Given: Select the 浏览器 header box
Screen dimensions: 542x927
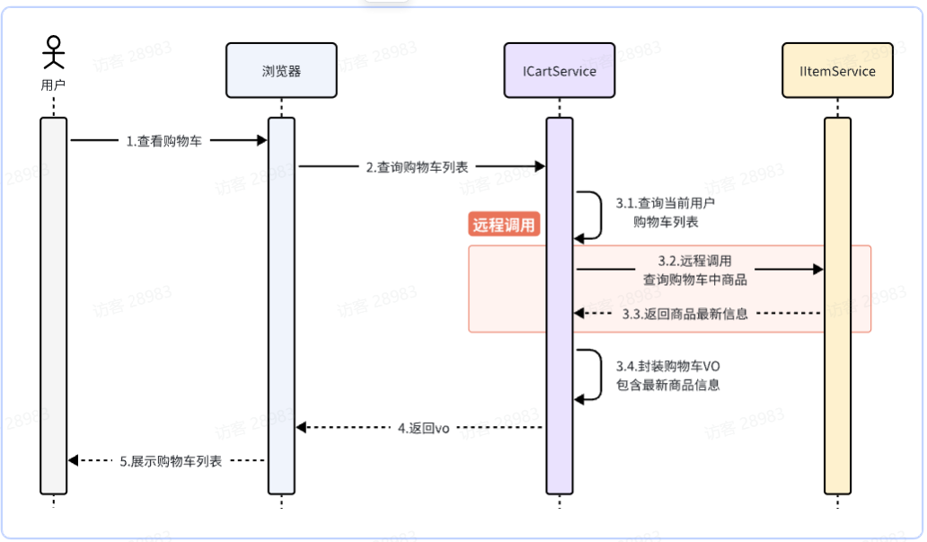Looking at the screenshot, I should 281,71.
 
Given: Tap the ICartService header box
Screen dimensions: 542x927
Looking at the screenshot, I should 559,71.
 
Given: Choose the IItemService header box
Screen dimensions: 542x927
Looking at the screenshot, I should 837,71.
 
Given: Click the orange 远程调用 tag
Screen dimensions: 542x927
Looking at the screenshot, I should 505,226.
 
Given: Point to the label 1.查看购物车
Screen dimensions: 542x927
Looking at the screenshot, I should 163,141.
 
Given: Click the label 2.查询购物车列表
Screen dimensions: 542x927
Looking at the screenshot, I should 417,166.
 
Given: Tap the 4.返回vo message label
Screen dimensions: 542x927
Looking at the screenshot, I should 423,428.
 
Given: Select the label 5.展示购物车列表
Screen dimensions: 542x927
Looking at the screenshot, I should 171,461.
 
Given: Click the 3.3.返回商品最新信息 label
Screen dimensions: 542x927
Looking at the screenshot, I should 684,314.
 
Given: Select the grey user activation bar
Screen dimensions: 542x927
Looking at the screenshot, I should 54,306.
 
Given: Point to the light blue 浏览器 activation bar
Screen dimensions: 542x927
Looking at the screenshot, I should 281,306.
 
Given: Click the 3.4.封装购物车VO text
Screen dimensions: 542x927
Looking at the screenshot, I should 667,367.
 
